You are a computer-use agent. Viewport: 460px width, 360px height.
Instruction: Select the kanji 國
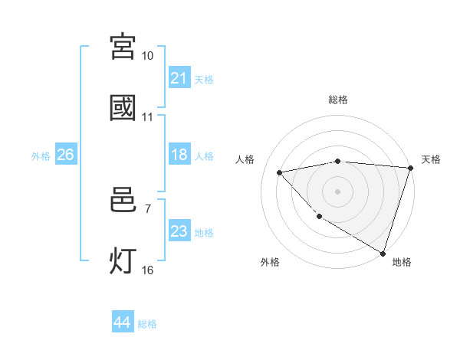click(123, 108)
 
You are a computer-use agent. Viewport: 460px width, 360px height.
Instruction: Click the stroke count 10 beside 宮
click(148, 56)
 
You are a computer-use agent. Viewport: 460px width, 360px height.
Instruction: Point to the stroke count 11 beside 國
click(148, 118)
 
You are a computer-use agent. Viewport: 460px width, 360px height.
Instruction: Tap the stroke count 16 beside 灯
click(148, 270)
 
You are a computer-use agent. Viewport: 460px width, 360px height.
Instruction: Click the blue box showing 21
click(179, 78)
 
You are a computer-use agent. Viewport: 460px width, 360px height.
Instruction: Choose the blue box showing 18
click(179, 155)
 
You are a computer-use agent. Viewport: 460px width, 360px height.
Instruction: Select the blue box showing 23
click(179, 231)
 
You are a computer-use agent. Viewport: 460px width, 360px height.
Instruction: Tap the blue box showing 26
click(66, 155)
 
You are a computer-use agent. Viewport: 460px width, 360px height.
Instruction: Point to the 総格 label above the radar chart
click(338, 100)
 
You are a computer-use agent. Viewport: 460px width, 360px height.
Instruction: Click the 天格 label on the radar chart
click(431, 159)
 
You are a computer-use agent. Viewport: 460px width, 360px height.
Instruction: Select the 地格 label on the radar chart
click(402, 262)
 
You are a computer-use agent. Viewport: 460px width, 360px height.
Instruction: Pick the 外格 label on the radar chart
click(270, 262)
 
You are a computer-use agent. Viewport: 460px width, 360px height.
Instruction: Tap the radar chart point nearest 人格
click(280, 172)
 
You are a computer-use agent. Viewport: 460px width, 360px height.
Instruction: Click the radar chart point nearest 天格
click(410, 168)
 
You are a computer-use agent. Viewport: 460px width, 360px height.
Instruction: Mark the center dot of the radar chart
click(337, 191)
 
